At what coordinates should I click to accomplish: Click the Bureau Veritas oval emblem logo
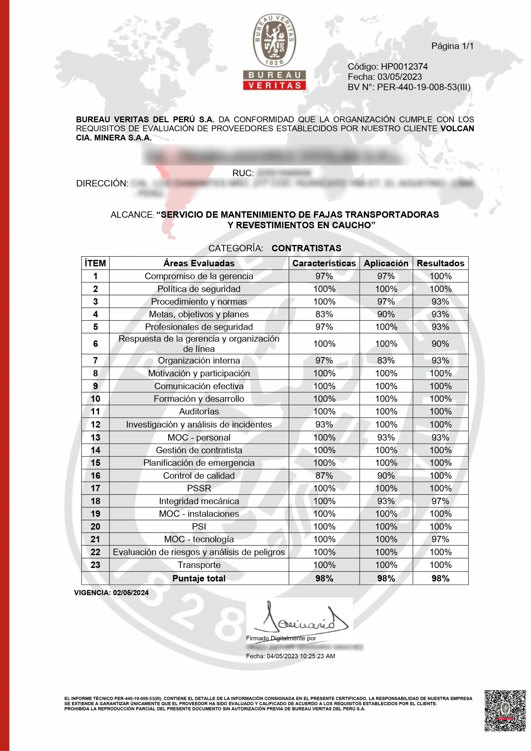click(275, 40)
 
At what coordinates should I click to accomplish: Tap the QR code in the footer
click(505, 711)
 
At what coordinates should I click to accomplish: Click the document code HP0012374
click(404, 66)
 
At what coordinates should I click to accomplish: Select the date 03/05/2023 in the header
click(400, 77)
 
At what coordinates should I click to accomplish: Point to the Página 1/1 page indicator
click(452, 46)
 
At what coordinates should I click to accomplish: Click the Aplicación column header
click(386, 263)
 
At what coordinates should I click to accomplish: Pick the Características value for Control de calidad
click(324, 476)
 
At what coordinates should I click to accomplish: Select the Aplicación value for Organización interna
click(386, 361)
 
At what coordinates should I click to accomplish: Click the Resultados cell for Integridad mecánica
click(440, 501)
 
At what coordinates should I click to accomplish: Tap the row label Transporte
click(199, 565)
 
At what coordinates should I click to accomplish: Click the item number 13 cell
click(96, 438)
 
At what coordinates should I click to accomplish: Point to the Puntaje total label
click(199, 578)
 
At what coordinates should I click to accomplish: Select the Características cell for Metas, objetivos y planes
click(324, 314)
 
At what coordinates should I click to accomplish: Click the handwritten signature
click(301, 619)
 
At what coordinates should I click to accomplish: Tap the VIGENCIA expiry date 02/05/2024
click(131, 593)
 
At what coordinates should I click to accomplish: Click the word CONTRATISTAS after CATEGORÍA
click(306, 248)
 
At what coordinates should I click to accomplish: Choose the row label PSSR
click(199, 488)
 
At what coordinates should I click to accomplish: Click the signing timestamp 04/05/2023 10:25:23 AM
click(301, 656)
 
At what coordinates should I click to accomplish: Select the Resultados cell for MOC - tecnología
click(440, 539)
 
